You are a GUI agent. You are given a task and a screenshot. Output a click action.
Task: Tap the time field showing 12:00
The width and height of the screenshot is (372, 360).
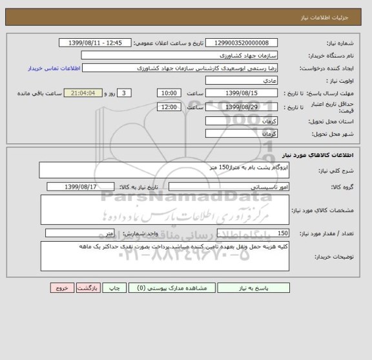coord(169,107)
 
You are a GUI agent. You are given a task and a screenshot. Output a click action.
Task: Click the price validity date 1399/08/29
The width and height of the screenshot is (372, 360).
coord(242,107)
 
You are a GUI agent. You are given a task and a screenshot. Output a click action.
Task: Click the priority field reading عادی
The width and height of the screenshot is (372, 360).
coord(242,81)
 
